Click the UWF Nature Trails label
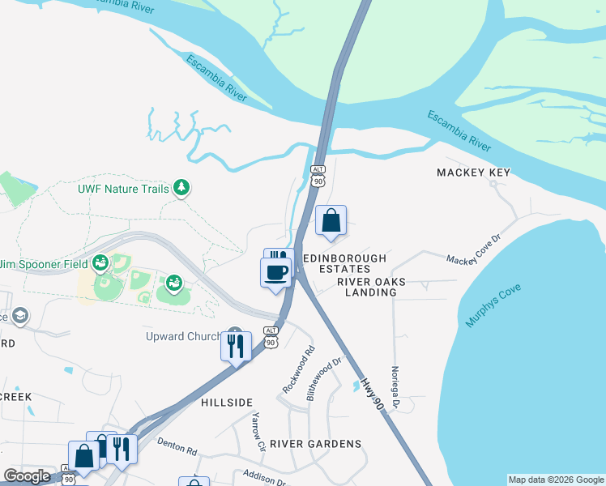pyautogui.click(x=123, y=189)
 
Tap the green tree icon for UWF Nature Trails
pyautogui.click(x=182, y=189)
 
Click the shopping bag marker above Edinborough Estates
pyautogui.click(x=331, y=220)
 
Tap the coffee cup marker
pyautogui.click(x=275, y=271)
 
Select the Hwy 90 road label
pyautogui.click(x=372, y=393)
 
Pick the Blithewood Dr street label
pyautogui.click(x=321, y=380)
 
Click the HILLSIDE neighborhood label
pyautogui.click(x=227, y=402)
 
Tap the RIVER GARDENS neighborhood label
pyautogui.click(x=315, y=443)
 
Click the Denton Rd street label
pyautogui.click(x=177, y=446)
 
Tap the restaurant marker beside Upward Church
pyautogui.click(x=235, y=346)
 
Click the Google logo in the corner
pyautogui.click(x=27, y=476)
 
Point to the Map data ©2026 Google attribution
pyautogui.click(x=555, y=480)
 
